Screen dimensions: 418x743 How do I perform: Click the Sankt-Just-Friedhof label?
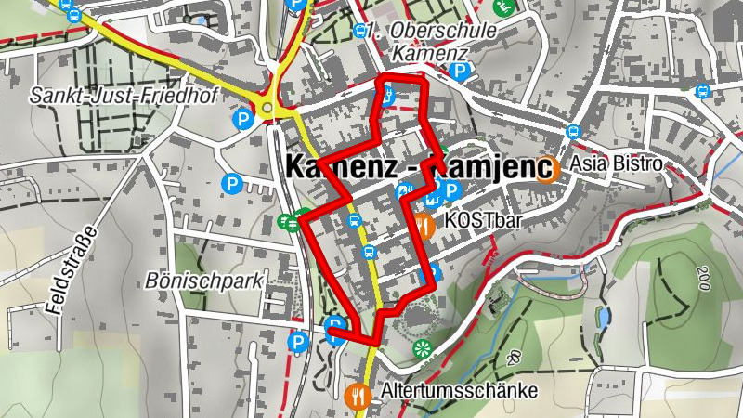[x=96, y=95]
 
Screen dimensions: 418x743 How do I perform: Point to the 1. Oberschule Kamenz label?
[x=430, y=42]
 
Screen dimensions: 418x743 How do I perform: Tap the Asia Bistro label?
[x=617, y=164]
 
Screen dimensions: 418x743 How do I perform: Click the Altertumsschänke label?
[x=459, y=392]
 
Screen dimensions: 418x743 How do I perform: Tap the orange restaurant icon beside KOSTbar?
[x=424, y=224]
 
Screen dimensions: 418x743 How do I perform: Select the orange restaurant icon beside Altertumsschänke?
[x=358, y=394]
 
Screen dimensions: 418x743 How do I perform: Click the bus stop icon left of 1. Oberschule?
[x=359, y=31]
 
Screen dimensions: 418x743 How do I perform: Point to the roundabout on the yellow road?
[x=269, y=110]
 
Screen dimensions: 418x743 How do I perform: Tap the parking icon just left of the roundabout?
[x=242, y=119]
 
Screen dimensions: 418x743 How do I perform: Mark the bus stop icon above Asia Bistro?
[x=573, y=133]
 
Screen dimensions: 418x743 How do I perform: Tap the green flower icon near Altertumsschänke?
[x=424, y=349]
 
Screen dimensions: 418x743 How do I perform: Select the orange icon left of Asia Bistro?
[x=551, y=169]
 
